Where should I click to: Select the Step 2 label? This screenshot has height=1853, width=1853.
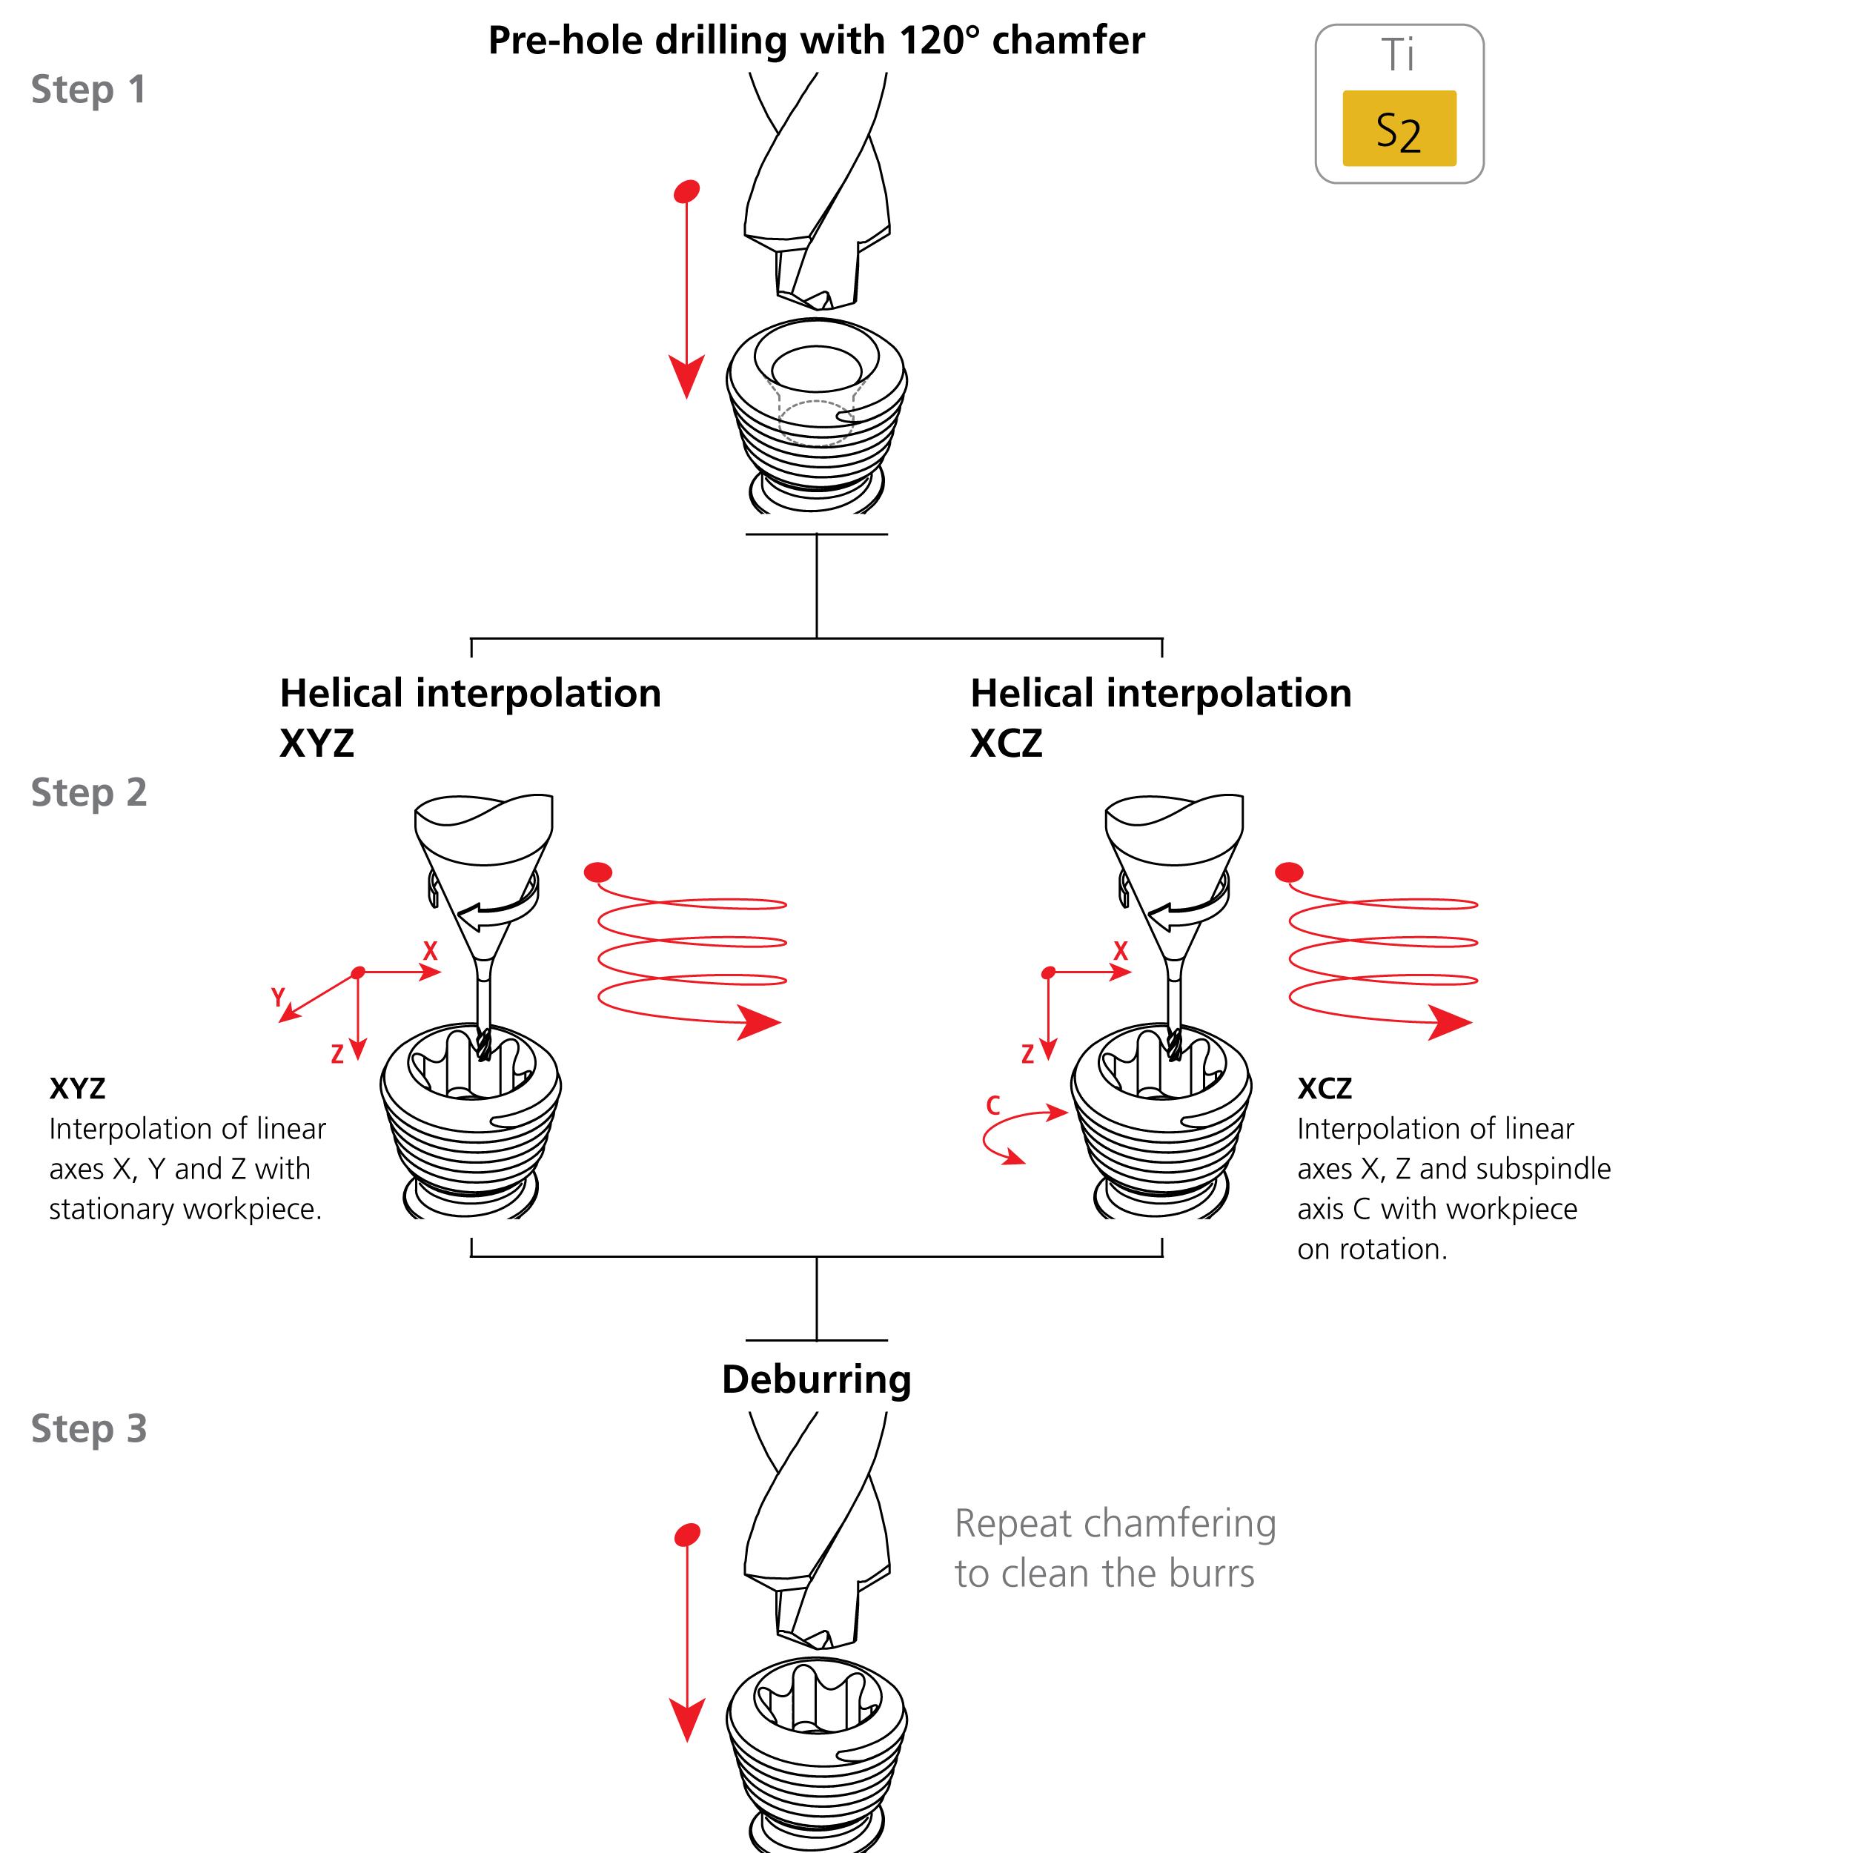88,792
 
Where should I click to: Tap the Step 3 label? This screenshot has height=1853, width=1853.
88,1428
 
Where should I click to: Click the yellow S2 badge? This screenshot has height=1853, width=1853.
1399,128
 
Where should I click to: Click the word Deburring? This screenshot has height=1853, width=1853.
816,1379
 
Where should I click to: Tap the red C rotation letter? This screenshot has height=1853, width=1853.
994,1106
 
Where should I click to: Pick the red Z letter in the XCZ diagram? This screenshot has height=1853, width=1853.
1027,1055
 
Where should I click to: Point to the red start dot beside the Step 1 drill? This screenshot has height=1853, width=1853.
687,191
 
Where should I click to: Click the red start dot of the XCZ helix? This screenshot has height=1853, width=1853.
1289,872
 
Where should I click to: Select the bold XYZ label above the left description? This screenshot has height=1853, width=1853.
78,1089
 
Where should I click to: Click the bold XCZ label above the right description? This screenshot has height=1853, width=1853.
1325,1089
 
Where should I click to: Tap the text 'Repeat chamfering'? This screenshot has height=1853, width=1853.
1116,1523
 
